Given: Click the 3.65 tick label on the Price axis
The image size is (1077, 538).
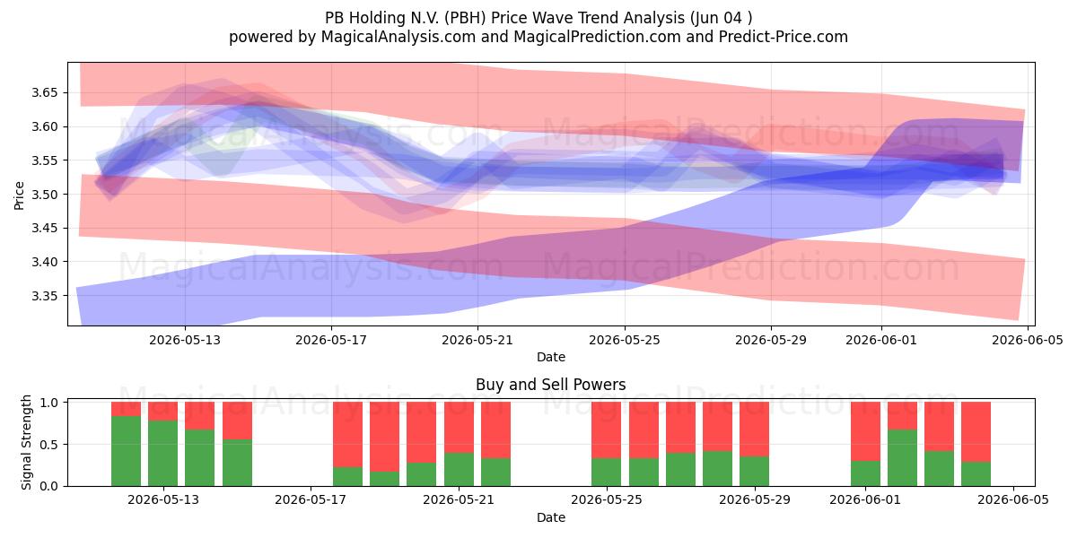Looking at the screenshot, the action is pyautogui.click(x=44, y=92).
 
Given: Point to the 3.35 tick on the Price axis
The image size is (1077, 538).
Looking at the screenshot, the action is pyautogui.click(x=44, y=296).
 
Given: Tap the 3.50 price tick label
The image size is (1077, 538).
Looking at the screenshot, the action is pyautogui.click(x=44, y=195).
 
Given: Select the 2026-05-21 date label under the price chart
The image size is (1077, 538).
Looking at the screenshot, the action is pyautogui.click(x=477, y=340).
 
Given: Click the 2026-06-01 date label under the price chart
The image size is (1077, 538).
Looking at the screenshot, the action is pyautogui.click(x=881, y=340).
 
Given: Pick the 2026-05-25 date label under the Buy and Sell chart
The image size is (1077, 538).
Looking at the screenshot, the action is pyautogui.click(x=607, y=499).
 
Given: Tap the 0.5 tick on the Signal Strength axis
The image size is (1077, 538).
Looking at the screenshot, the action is pyautogui.click(x=48, y=445).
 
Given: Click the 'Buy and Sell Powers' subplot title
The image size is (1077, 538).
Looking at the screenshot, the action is pyautogui.click(x=550, y=385).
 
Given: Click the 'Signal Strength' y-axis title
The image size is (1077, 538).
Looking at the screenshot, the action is pyautogui.click(x=26, y=442).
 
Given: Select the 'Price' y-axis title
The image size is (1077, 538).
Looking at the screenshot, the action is pyautogui.click(x=19, y=195).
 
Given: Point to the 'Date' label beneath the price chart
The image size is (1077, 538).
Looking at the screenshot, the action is pyautogui.click(x=551, y=357).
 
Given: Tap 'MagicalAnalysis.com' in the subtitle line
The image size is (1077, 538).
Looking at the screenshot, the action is pyautogui.click(x=398, y=37).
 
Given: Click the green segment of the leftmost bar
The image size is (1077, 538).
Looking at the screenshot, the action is pyautogui.click(x=126, y=451).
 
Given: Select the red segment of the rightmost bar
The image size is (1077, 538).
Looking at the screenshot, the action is pyautogui.click(x=976, y=432).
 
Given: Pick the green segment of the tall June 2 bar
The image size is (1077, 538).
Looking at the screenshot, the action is pyautogui.click(x=903, y=458).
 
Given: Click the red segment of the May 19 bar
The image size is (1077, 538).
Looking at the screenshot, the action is pyautogui.click(x=385, y=437).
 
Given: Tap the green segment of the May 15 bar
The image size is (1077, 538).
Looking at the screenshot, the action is pyautogui.click(x=238, y=463).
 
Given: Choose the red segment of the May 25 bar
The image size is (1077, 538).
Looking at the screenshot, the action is pyautogui.click(x=607, y=430).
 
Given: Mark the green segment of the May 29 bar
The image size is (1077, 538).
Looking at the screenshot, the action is pyautogui.click(x=755, y=472).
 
